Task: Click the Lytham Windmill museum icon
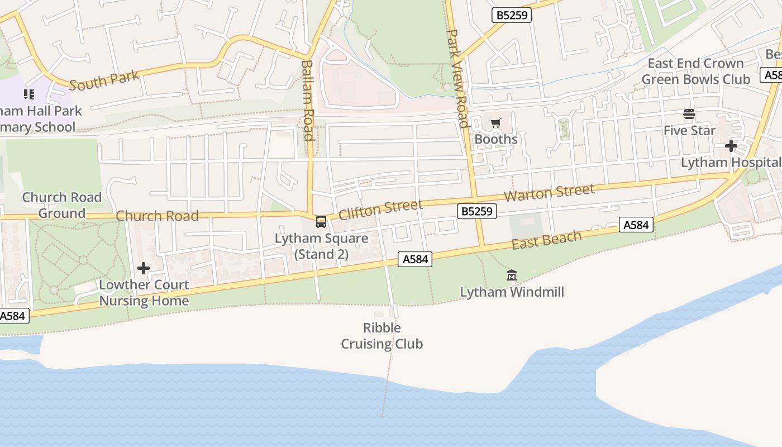[x=511, y=275]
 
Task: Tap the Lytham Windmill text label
[x=512, y=292]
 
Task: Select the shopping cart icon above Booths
[x=495, y=123]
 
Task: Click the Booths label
[x=496, y=139]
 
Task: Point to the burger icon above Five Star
[x=689, y=115]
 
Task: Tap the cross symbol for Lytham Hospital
[x=731, y=146]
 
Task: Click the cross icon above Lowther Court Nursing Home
[x=144, y=268]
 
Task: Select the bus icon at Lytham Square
[x=321, y=222]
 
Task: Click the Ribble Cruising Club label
[x=382, y=336]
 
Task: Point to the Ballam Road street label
[x=308, y=101]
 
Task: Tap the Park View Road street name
[x=457, y=78]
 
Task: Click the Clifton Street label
[x=380, y=210]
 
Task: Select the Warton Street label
[x=549, y=193]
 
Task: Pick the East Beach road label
[x=546, y=239]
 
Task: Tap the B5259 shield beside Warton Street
[x=476, y=211]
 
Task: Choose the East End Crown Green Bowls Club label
[x=695, y=72]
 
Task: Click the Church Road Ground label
[x=61, y=205]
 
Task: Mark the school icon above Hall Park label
[x=28, y=94]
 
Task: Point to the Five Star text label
[x=689, y=131]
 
